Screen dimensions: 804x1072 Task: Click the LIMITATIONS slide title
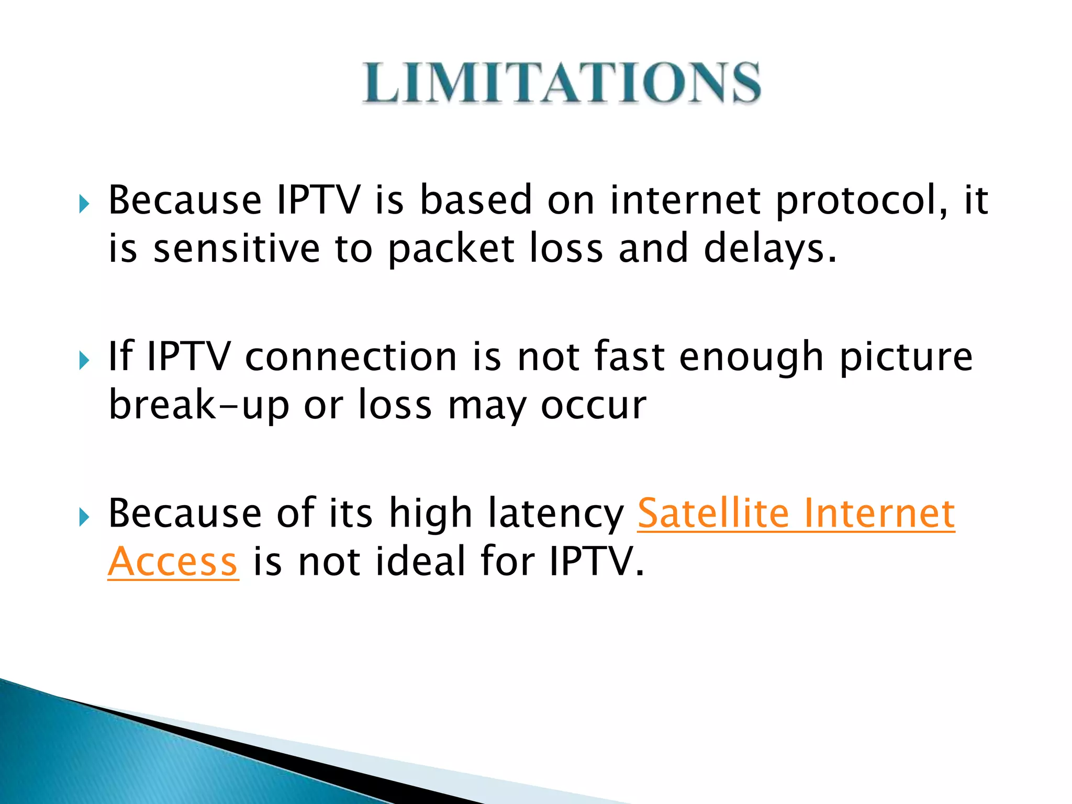click(561, 83)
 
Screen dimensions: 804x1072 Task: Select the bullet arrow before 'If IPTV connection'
click(84, 360)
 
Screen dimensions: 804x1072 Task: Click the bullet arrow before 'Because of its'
click(84, 517)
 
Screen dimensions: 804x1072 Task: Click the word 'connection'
click(351, 358)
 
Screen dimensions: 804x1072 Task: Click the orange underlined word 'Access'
click(173, 562)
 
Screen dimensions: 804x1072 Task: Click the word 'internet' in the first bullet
click(685, 200)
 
